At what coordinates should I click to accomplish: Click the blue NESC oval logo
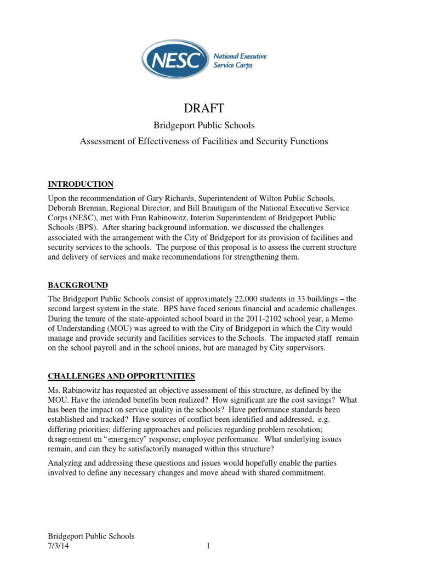(x=176, y=59)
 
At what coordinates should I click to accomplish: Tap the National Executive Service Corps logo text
(x=240, y=60)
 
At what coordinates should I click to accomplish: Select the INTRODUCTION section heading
(x=81, y=184)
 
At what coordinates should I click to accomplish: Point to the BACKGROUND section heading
(x=78, y=285)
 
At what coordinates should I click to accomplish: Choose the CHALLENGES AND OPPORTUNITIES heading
(x=121, y=376)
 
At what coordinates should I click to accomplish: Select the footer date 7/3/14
(x=58, y=547)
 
